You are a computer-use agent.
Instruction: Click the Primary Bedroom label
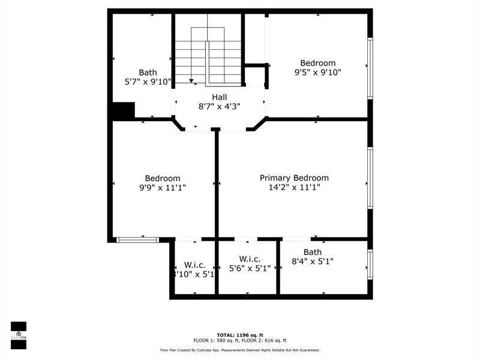pos(294,178)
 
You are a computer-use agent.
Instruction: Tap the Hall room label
pos(219,97)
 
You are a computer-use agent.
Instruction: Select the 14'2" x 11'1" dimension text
pos(294,187)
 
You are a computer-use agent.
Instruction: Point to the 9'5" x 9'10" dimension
pos(317,73)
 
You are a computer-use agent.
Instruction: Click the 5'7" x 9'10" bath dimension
pos(148,82)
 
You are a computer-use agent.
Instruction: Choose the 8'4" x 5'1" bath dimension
pos(312,261)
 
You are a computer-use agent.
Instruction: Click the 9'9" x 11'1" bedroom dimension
pos(163,187)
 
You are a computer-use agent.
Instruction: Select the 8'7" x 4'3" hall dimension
pos(219,106)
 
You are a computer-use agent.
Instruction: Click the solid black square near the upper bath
pos(124,110)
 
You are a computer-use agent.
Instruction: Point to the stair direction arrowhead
pos(191,80)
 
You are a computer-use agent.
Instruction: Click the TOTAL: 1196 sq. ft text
pos(239,335)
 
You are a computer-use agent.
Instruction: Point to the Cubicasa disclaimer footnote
pos(239,350)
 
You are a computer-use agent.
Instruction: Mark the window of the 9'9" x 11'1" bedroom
pos(137,240)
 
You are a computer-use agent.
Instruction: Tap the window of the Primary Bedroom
pos(370,178)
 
